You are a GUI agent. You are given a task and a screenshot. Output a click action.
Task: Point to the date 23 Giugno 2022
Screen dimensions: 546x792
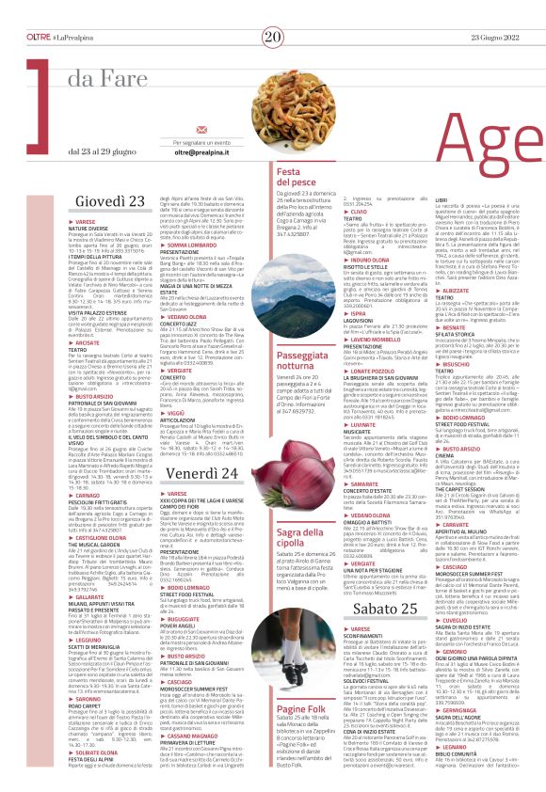[510, 10]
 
